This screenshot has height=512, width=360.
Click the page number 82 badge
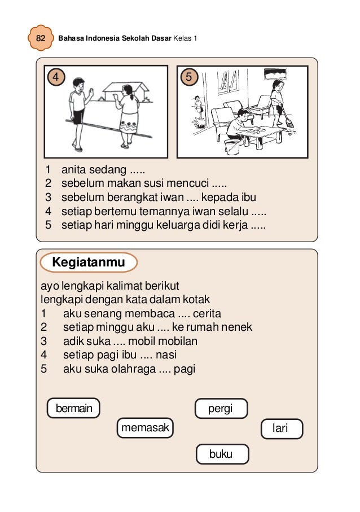pos(41,38)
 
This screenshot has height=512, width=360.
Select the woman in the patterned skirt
pos(128,115)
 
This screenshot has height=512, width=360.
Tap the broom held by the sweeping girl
pos(288,121)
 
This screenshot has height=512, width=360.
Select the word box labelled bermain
pos(73,408)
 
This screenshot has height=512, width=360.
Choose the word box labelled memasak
pos(145,428)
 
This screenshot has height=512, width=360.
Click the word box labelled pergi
pos(221,409)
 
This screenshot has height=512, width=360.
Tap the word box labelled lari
pos(281,429)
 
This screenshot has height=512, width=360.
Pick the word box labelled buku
pos(221,454)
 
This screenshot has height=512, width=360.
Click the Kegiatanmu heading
pos(88,262)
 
